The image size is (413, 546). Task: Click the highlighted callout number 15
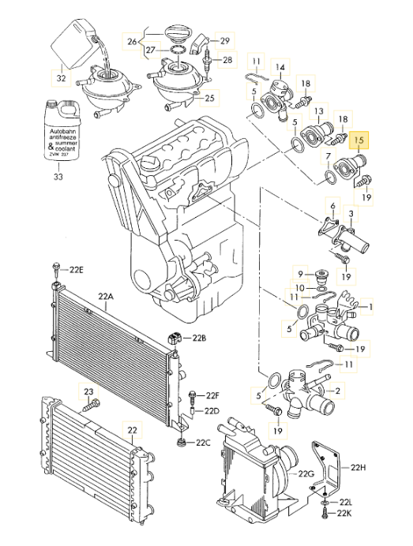[x=359, y=140]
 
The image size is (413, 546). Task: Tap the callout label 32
[x=61, y=78]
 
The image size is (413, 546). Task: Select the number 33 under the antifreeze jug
[x=58, y=177]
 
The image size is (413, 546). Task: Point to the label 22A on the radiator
[x=106, y=297]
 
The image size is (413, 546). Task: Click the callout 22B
[x=199, y=338]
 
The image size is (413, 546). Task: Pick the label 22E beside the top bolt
[x=77, y=270]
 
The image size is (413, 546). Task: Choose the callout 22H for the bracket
[x=358, y=467]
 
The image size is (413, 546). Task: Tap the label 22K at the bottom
[x=344, y=513]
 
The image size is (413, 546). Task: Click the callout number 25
[x=209, y=98]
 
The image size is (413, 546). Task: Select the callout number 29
[x=225, y=41]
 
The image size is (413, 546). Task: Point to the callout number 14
[x=280, y=67]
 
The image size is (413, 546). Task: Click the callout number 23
[x=88, y=391]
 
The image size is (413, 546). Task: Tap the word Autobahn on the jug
[x=62, y=132]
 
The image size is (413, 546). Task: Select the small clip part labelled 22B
[x=175, y=338]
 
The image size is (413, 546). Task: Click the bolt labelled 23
[x=92, y=406]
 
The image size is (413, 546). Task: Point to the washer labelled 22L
[x=325, y=503]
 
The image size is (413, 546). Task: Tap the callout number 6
[x=332, y=206]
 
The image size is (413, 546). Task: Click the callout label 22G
[x=306, y=473]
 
